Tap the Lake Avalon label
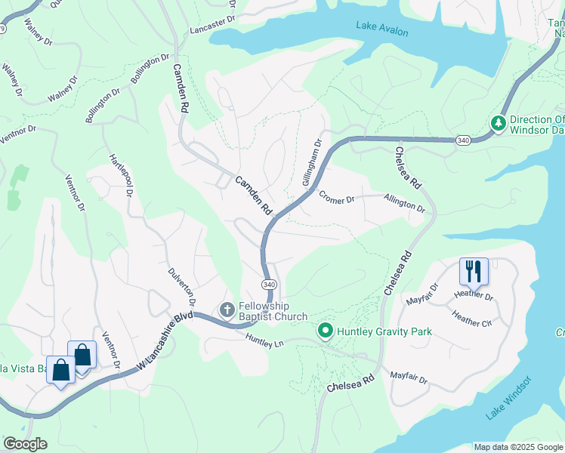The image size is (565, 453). pyautogui.click(x=382, y=31)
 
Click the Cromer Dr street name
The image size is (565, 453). pyautogui.click(x=337, y=199)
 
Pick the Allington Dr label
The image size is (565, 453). pyautogui.click(x=404, y=205)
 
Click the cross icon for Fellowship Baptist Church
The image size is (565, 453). pyautogui.click(x=226, y=310)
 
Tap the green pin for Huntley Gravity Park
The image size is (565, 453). pyautogui.click(x=326, y=331)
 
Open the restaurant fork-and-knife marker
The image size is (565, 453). pyautogui.click(x=474, y=270)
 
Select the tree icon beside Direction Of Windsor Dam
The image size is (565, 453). pyautogui.click(x=498, y=123)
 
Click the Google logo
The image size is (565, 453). pyautogui.click(x=25, y=444)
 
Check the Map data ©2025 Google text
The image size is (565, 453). pyautogui.click(x=517, y=447)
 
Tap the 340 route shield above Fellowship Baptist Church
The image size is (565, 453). pyautogui.click(x=269, y=284)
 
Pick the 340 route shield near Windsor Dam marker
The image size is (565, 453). pyautogui.click(x=464, y=140)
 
